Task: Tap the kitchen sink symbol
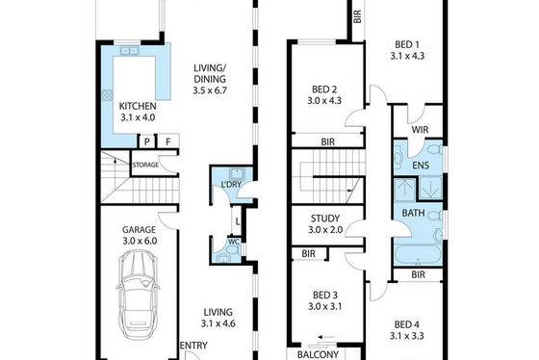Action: tap(130, 51)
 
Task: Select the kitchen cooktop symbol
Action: tap(107, 95)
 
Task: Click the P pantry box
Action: tap(147, 141)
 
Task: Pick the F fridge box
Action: tap(168, 141)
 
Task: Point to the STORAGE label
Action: tap(145, 165)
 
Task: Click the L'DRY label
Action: tap(231, 184)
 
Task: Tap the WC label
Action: tap(234, 242)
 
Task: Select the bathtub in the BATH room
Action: tap(418, 255)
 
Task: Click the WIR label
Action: tap(420, 130)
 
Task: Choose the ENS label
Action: tap(421, 166)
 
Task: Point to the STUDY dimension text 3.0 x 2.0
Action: tap(325, 230)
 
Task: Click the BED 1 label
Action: tap(407, 44)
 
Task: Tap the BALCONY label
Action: tap(318, 354)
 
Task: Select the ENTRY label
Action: tap(193, 346)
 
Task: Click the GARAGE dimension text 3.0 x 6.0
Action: tap(140, 241)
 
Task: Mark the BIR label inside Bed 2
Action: tap(327, 141)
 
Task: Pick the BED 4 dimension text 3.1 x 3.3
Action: tap(406, 336)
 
